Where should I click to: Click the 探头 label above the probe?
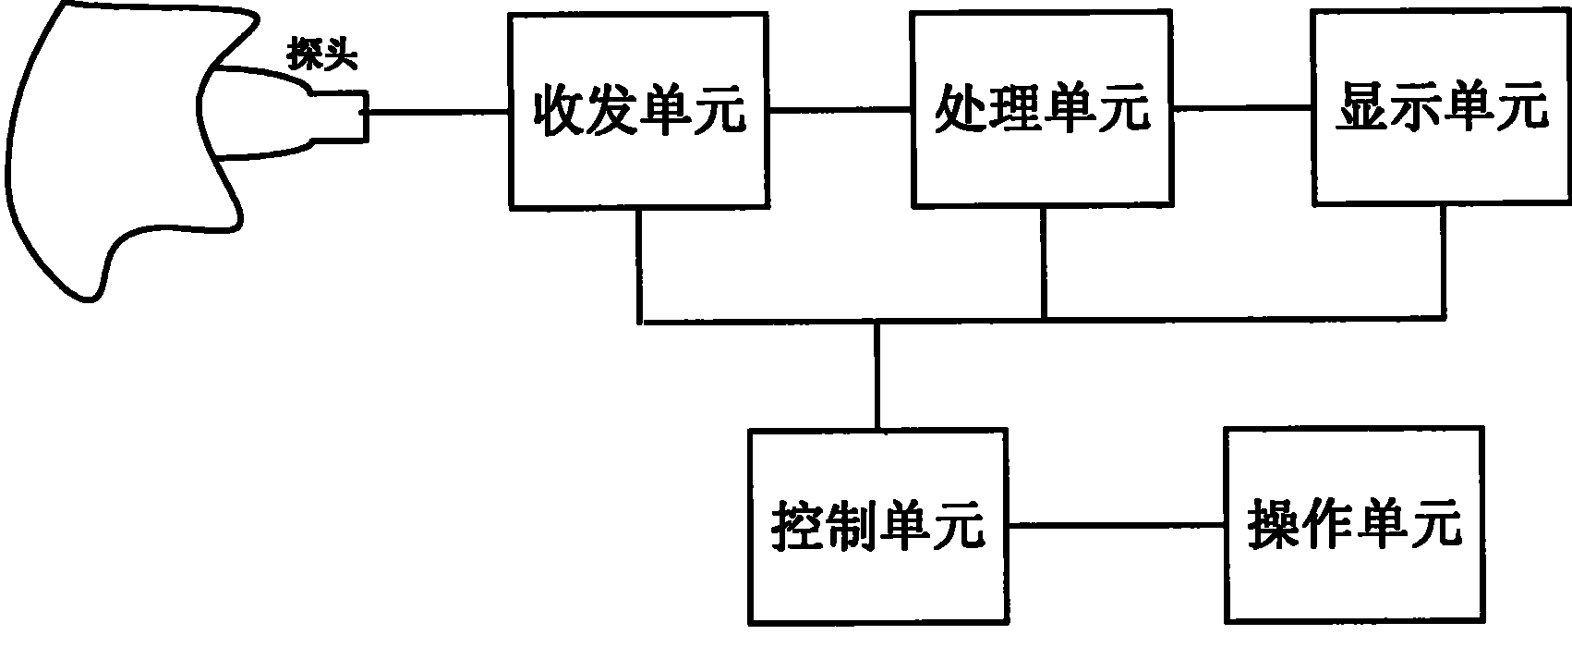(322, 55)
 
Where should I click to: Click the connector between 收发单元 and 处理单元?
(840, 110)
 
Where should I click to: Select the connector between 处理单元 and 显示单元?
(1242, 108)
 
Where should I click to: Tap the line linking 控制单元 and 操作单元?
(1117, 525)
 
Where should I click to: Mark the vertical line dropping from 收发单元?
(639, 265)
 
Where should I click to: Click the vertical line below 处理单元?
(1045, 263)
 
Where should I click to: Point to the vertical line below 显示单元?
(1443, 262)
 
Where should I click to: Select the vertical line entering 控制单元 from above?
(877, 375)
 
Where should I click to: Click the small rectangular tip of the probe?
(341, 116)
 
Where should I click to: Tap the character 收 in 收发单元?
(560, 111)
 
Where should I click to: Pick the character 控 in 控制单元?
(798, 526)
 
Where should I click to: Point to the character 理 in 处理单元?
(1015, 109)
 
